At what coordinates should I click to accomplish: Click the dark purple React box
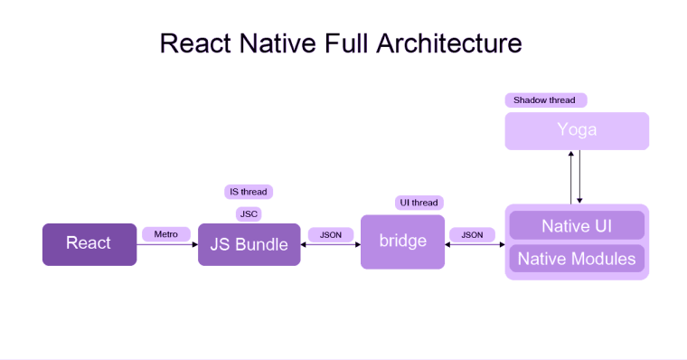(89, 244)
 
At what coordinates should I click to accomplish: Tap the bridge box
(402, 242)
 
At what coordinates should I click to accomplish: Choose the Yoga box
(577, 130)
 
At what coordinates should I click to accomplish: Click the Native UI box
(577, 225)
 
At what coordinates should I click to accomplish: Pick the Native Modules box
(577, 259)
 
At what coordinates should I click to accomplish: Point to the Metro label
(166, 234)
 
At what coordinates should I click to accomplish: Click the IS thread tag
(249, 192)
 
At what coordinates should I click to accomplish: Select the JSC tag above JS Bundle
(249, 214)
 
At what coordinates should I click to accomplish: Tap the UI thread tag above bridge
(419, 203)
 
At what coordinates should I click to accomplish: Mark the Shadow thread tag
(544, 99)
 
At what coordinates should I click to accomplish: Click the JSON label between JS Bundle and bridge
(331, 234)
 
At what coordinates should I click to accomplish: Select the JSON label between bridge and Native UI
(472, 234)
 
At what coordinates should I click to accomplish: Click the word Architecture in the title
(450, 43)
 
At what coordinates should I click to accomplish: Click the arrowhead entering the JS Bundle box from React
(194, 244)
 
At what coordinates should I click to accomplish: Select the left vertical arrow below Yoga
(570, 177)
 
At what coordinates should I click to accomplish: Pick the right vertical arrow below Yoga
(580, 177)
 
